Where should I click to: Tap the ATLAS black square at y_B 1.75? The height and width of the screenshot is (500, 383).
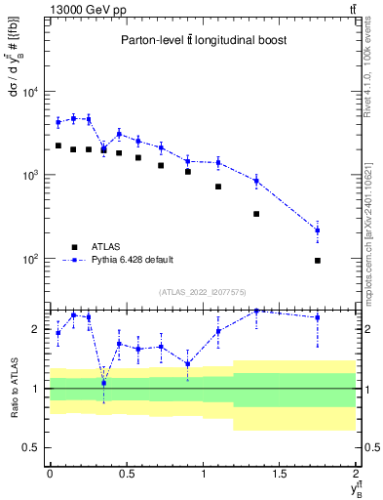click(318, 261)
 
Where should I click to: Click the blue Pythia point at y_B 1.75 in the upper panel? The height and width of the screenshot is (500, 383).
click(318, 230)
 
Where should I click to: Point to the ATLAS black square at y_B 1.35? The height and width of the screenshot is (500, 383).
click(256, 214)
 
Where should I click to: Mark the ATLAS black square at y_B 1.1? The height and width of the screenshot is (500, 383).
click(218, 187)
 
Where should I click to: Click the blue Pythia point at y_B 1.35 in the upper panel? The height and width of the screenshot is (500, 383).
click(256, 181)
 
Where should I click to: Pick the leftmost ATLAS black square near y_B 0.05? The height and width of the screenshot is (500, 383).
click(57, 146)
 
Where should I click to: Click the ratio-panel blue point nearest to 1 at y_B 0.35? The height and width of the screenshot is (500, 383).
click(103, 383)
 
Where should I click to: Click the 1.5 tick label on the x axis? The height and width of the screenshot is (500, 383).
click(280, 473)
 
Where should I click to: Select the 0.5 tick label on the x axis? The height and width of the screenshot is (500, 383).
click(126, 473)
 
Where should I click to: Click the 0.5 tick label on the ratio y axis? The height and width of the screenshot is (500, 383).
click(32, 447)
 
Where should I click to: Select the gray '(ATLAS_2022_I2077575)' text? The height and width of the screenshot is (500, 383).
click(203, 292)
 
